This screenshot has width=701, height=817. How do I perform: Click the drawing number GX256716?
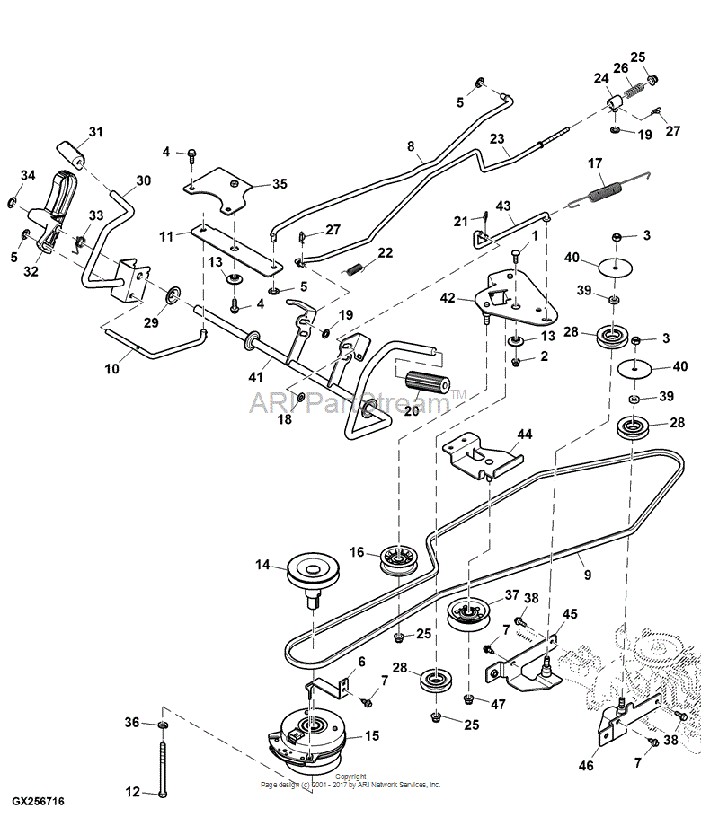38,800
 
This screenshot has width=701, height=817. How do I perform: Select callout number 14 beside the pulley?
262,565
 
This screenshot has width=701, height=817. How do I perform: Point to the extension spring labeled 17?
608,193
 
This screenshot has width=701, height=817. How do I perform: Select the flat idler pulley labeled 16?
395,560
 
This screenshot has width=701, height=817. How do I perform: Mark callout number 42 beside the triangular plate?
447,298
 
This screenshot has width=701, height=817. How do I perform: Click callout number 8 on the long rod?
411,146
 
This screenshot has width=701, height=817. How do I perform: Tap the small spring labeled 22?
357,268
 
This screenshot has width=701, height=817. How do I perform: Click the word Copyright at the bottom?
350,777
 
